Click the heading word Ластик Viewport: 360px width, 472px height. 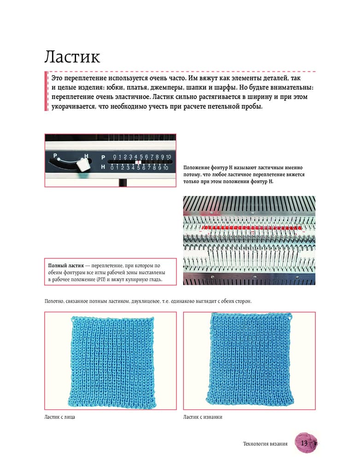pyautogui.click(x=72, y=57)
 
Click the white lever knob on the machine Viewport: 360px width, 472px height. pyautogui.click(x=83, y=165)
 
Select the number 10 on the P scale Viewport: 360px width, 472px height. pyautogui.click(x=169, y=157)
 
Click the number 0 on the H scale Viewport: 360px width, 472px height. pyautogui.click(x=112, y=168)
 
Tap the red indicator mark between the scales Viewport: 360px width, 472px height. pyautogui.click(x=137, y=162)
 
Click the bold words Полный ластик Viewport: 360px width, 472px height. pyautogui.click(x=68, y=266)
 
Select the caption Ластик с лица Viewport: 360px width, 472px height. pyautogui.click(x=59, y=417)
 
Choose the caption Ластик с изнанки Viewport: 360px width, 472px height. pyautogui.click(x=203, y=417)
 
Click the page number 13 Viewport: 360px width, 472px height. pyautogui.click(x=304, y=443)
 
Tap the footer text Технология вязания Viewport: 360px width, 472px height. pyautogui.click(x=265, y=444)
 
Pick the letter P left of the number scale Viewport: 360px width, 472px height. pyautogui.click(x=103, y=157)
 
